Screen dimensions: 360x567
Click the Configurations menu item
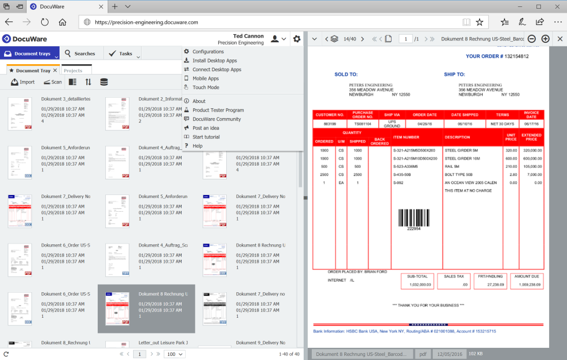click(208, 52)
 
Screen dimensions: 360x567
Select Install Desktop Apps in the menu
click(214, 60)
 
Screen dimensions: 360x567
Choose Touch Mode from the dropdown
click(205, 87)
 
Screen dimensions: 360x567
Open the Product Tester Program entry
click(218, 110)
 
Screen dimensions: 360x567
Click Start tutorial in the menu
click(206, 137)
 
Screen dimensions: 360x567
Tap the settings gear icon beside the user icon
click(297, 39)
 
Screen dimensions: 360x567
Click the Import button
click(23, 82)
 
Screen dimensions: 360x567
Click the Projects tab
click(73, 71)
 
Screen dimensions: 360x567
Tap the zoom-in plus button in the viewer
click(545, 39)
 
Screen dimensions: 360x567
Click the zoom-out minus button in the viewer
click(532, 39)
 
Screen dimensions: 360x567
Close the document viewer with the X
click(559, 39)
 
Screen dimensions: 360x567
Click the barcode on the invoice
click(414, 218)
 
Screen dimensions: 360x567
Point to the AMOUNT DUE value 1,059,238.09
click(526, 284)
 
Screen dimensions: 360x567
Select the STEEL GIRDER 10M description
click(463, 158)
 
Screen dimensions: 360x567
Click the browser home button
click(62, 22)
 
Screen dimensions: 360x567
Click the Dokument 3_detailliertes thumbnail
click(20, 113)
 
